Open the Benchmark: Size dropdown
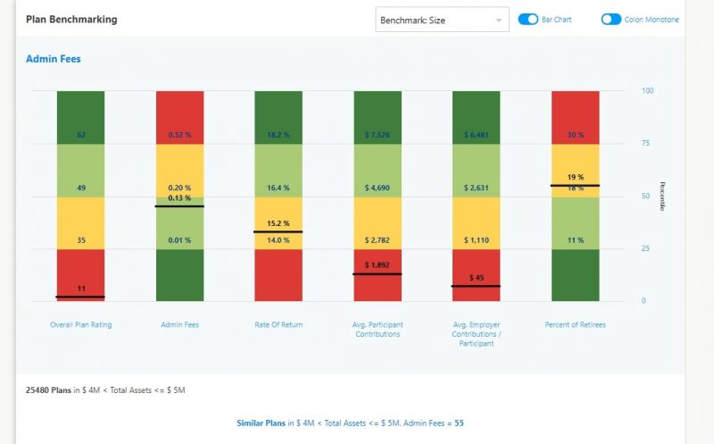[442, 20]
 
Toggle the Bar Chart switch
[528, 19]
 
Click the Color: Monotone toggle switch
[610, 19]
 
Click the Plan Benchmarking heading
[71, 19]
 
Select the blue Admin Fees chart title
[54, 60]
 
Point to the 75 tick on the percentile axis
[647, 143]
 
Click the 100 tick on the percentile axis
[648, 90]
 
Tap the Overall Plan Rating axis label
[80, 324]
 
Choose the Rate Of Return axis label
[278, 324]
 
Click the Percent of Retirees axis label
[575, 324]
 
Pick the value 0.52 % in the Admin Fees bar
[180, 135]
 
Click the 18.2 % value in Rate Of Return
[278, 135]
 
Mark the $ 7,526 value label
[378, 135]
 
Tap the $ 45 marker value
[476, 278]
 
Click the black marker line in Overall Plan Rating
[80, 297]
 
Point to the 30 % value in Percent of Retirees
[575, 135]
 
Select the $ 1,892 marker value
[378, 265]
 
